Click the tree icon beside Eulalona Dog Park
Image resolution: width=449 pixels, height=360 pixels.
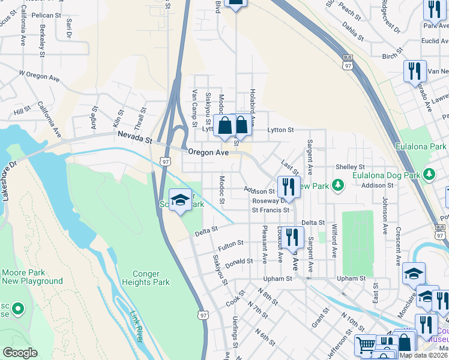click(x=429, y=174)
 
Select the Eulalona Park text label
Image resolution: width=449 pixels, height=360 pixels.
click(x=421, y=146)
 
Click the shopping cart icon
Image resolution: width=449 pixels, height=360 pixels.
click(x=365, y=344)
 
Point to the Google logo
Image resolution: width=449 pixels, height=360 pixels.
click(x=20, y=353)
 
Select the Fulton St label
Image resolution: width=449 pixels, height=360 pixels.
click(x=231, y=245)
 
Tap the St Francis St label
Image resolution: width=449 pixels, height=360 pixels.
click(x=270, y=210)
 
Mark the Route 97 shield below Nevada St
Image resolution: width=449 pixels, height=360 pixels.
click(x=166, y=161)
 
